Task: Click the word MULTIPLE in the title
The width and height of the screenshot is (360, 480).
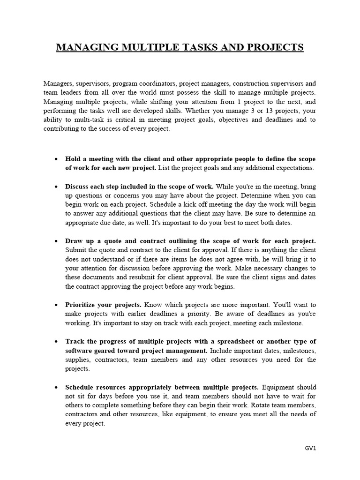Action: click(146, 48)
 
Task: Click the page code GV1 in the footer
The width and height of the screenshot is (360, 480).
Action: click(311, 448)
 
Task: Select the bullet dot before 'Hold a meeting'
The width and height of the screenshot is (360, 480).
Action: click(56, 159)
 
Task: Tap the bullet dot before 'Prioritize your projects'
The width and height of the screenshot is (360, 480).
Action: click(56, 305)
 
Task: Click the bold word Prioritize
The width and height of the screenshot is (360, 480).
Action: click(81, 305)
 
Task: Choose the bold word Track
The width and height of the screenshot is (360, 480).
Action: click(75, 341)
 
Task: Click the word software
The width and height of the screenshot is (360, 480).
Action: click(79, 351)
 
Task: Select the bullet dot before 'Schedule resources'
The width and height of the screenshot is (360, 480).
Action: click(56, 388)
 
